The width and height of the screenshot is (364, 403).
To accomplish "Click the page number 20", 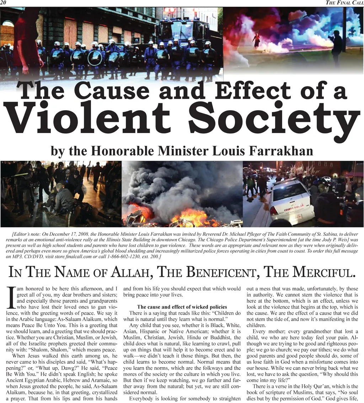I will [3, 3].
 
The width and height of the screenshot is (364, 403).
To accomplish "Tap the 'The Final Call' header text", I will [344, 3].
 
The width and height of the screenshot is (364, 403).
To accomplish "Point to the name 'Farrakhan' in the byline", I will [278, 151].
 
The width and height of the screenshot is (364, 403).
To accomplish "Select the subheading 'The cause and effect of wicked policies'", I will [182, 307].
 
